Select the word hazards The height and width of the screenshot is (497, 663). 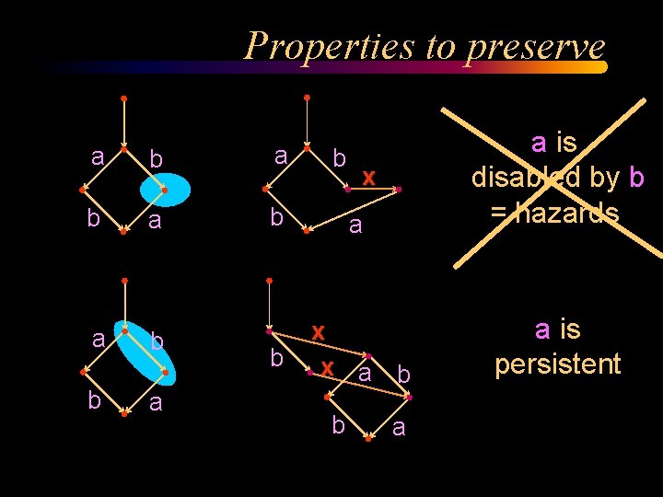[568, 213]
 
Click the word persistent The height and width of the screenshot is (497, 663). [558, 364]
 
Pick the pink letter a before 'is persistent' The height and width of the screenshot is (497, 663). [542, 329]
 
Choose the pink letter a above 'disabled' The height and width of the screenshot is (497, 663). [539, 142]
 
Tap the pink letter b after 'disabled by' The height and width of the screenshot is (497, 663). [635, 177]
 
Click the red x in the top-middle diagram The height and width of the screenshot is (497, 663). [368, 176]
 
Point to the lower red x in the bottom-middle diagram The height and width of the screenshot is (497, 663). [327, 368]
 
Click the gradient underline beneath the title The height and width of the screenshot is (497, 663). [322, 67]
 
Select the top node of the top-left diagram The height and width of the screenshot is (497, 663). [123, 98]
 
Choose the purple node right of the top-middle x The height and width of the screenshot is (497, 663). [399, 189]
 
